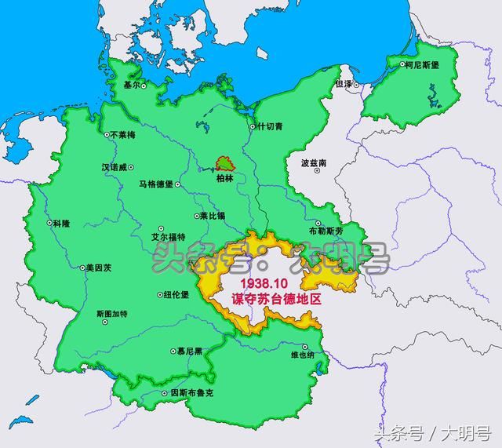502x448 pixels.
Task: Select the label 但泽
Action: coord(344,82)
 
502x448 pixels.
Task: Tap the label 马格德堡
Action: coord(156,184)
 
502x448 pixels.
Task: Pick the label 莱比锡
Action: coord(214,215)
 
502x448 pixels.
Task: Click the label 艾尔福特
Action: coord(169,237)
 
